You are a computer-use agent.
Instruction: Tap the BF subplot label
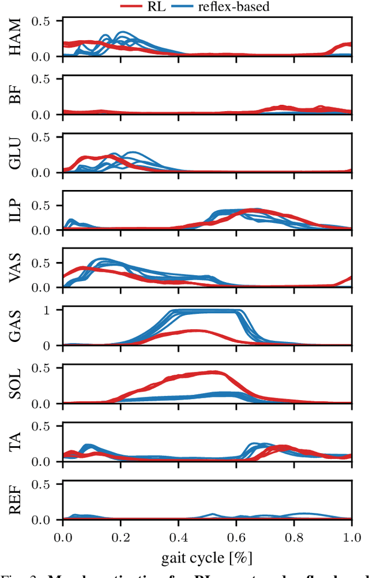point(16,96)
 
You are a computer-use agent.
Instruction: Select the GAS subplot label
point(16,326)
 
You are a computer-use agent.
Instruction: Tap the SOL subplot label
point(16,384)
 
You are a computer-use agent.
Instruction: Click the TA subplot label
point(16,442)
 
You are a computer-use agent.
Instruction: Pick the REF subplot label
point(16,500)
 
